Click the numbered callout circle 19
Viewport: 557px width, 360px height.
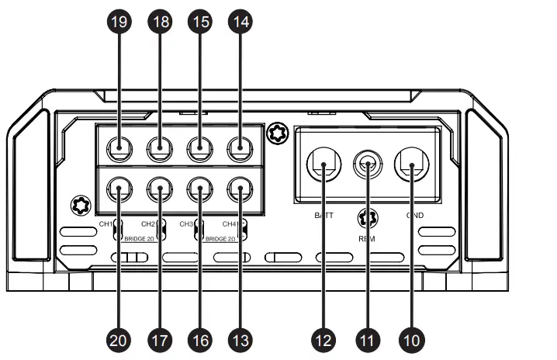pyautogui.click(x=119, y=24)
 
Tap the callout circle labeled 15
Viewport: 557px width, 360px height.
pyautogui.click(x=200, y=24)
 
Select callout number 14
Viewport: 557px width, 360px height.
pyautogui.click(x=240, y=24)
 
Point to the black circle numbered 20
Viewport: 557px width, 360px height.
pyautogui.click(x=119, y=339)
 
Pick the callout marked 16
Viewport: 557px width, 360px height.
pyautogui.click(x=200, y=339)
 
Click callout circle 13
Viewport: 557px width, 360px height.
pyautogui.click(x=240, y=339)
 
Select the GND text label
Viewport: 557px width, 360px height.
pyautogui.click(x=414, y=214)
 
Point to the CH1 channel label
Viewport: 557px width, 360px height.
pyautogui.click(x=106, y=223)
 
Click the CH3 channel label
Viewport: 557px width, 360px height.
pyautogui.click(x=186, y=223)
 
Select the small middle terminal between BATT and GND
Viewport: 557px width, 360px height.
pyautogui.click(x=366, y=164)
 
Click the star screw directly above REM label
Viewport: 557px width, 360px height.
pyautogui.click(x=366, y=218)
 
